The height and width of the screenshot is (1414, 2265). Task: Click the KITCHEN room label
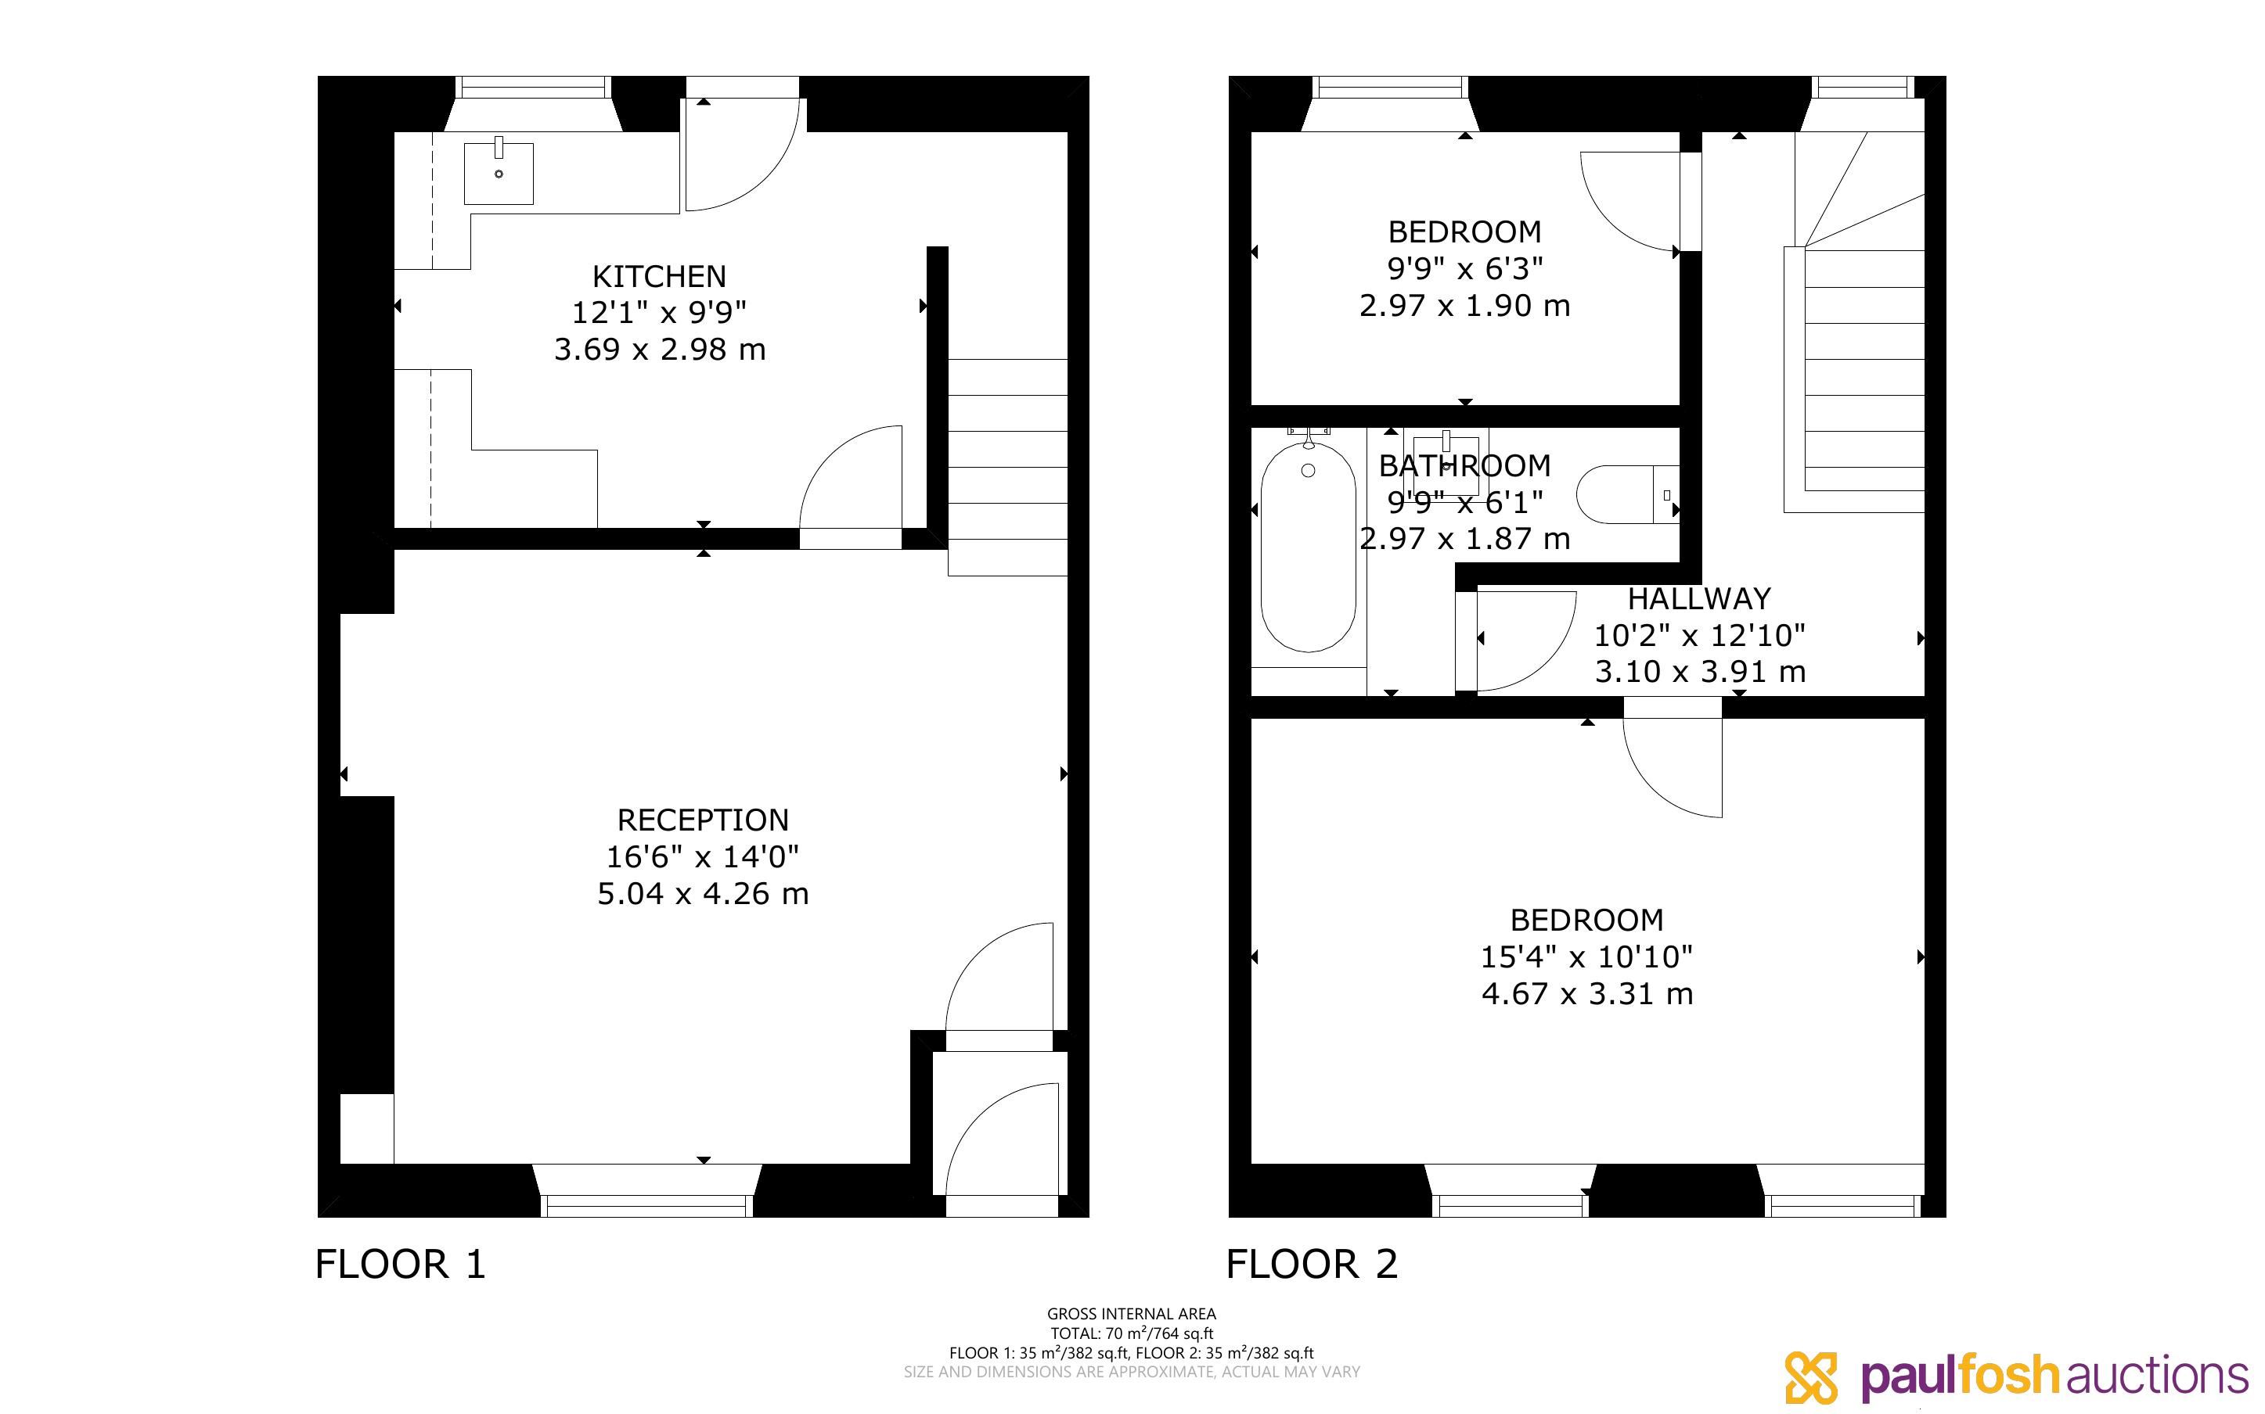tap(659, 277)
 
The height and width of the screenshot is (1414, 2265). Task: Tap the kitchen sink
tap(499, 173)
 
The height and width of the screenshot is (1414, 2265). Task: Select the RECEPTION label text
tap(703, 820)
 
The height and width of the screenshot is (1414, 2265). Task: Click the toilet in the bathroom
tap(1628, 493)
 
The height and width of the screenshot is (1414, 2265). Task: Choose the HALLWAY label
tap(1699, 598)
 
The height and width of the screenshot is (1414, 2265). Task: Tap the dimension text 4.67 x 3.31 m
tap(1586, 993)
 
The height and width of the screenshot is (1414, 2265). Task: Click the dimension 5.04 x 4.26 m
tap(703, 894)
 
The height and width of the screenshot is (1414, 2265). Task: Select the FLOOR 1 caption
tap(401, 1265)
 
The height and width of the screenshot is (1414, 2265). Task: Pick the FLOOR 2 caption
tap(1312, 1265)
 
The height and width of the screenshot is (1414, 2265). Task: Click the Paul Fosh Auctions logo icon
tap(1811, 1377)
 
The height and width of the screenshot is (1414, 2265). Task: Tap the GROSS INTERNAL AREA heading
tap(1131, 1314)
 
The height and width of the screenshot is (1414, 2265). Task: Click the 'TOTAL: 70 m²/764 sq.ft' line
tap(1131, 1333)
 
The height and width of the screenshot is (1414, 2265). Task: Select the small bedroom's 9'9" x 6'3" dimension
tap(1464, 268)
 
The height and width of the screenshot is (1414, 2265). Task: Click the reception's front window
tap(646, 1193)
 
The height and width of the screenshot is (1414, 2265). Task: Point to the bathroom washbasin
tap(1446, 464)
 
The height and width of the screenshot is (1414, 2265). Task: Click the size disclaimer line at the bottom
tap(1131, 1372)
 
